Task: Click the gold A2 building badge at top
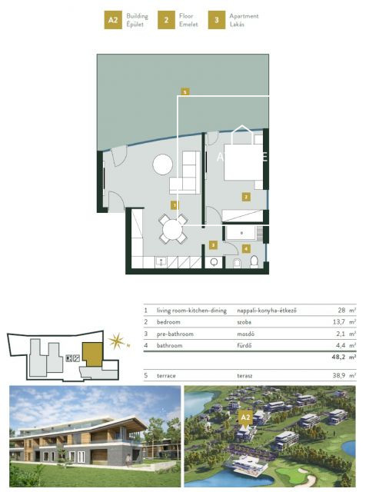point(113,20)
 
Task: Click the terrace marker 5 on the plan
point(185,92)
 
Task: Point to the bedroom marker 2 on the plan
point(246,197)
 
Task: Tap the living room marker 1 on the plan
point(175,205)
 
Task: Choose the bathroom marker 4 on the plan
point(246,248)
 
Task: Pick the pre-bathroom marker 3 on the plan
point(213,245)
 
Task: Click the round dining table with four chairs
point(173,228)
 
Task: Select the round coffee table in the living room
point(162,165)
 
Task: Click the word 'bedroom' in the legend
point(169,322)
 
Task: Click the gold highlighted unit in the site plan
point(93,354)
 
